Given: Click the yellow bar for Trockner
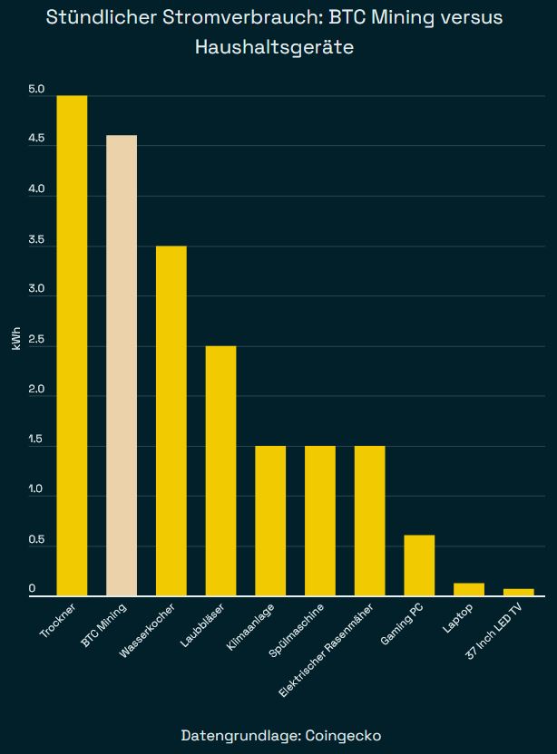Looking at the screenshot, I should click(72, 345).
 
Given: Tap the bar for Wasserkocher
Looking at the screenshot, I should click(171, 420).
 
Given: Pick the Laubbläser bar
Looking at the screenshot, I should click(220, 470).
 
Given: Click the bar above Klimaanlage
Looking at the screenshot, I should click(270, 521).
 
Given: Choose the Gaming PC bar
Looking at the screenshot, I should click(419, 565).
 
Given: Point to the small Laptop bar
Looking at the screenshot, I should click(469, 589).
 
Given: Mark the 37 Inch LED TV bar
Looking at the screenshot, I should click(519, 592).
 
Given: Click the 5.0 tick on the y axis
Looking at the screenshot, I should click(36, 89).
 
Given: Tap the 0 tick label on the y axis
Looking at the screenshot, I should click(32, 589).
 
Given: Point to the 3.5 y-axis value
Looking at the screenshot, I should click(36, 239).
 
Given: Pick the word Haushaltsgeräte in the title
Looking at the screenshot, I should click(274, 47).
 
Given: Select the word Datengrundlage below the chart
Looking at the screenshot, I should click(238, 734).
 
